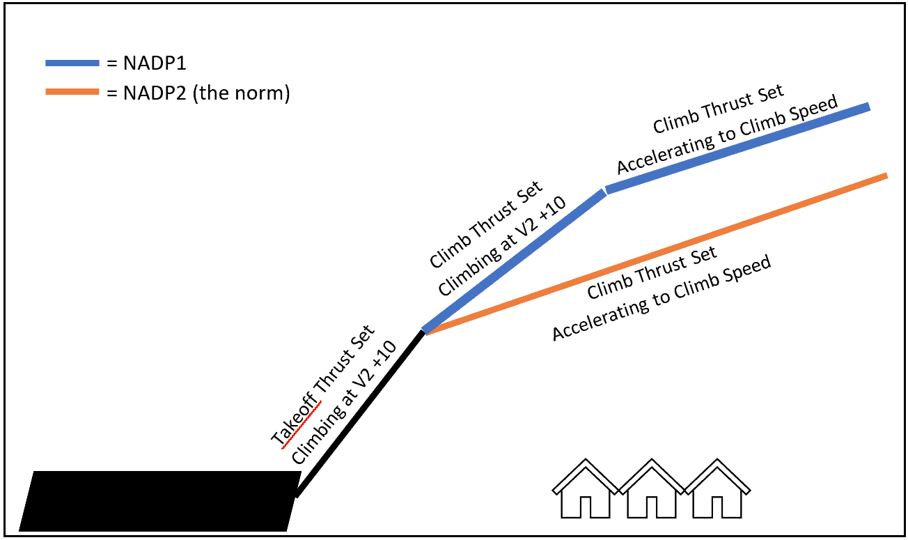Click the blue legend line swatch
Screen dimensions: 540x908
[x=72, y=63]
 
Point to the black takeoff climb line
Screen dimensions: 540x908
[x=361, y=414]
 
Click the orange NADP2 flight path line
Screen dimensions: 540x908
[x=655, y=254]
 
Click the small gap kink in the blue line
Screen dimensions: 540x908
[x=604, y=190]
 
